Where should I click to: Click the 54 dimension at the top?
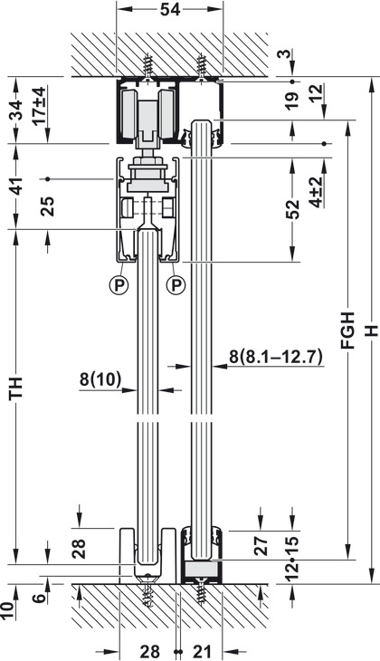pyautogui.click(x=170, y=9)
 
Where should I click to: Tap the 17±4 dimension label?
pyautogui.click(x=39, y=106)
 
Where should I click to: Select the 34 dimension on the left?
pyautogui.click(x=16, y=110)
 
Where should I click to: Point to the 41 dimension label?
pyautogui.click(x=16, y=185)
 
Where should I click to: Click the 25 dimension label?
pyautogui.click(x=49, y=206)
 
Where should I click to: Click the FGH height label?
pyautogui.click(x=348, y=330)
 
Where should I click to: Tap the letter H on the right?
pyautogui.click(x=371, y=330)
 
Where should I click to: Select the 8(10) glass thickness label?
pyautogui.click(x=100, y=379)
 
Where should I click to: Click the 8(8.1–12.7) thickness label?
pyautogui.click(x=276, y=356)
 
